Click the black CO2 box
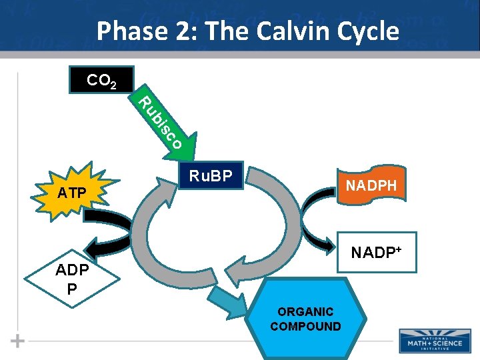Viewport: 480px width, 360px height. coord(102,80)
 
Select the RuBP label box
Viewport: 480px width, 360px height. coord(210,177)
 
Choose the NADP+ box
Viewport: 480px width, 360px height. coord(377,252)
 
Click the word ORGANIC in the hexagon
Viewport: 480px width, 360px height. coord(305,312)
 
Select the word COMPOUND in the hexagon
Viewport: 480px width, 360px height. coord(305,326)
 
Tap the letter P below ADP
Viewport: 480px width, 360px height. coord(71,289)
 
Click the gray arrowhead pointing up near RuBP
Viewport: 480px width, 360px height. coord(164,187)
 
